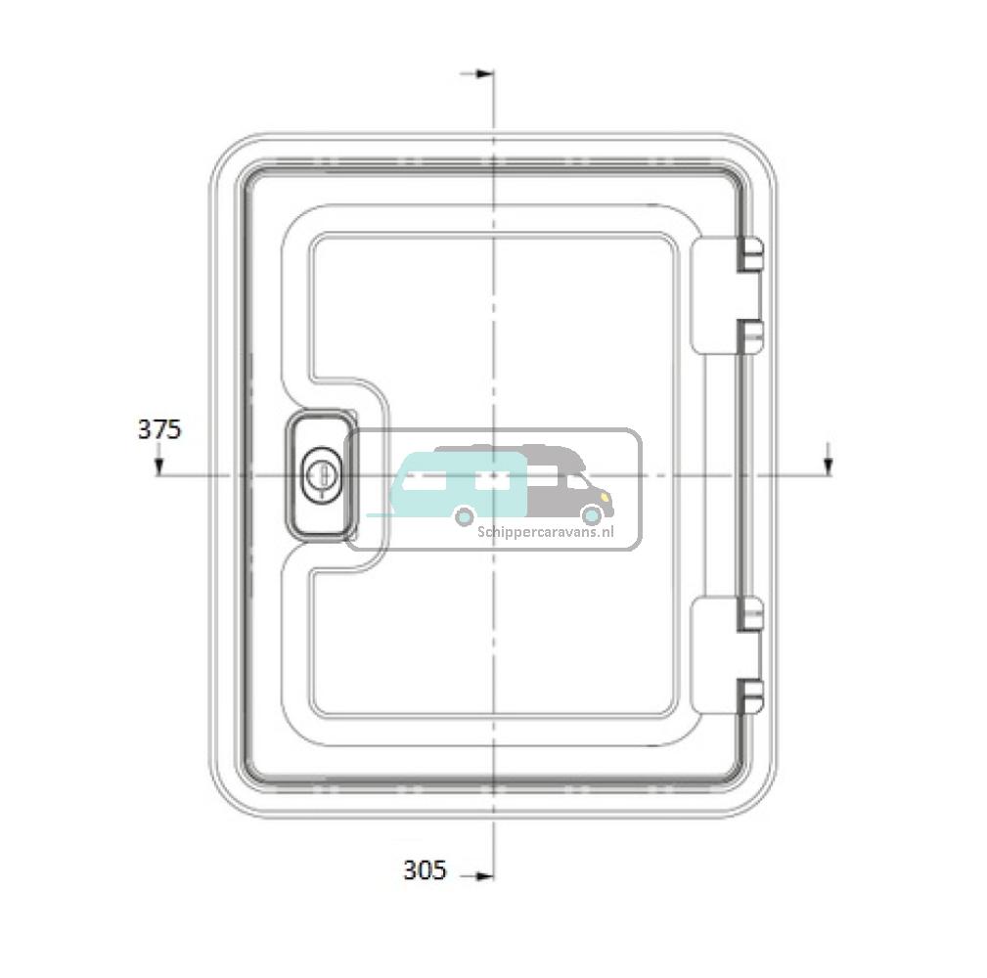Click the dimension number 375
159,429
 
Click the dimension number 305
425,870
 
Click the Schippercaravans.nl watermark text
545,532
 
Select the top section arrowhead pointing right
483,73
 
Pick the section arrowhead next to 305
483,875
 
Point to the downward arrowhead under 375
159,467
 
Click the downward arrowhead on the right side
829,467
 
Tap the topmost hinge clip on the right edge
750,254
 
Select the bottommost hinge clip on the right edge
750,696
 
